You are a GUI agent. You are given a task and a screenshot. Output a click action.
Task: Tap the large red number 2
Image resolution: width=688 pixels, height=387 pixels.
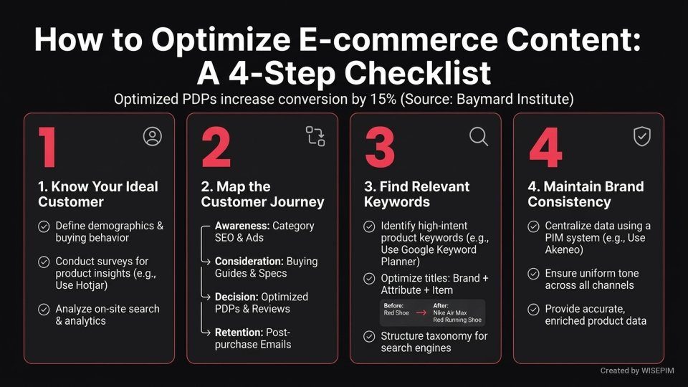click(x=216, y=148)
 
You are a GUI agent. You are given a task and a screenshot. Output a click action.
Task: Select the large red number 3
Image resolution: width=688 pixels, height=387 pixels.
click(x=380, y=148)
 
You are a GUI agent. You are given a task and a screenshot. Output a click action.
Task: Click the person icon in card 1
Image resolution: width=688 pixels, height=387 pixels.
click(x=152, y=137)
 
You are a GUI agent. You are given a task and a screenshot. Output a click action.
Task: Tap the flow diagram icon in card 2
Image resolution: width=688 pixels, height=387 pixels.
click(x=315, y=136)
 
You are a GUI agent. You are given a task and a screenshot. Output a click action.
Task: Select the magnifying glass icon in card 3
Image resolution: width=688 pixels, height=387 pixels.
click(x=479, y=136)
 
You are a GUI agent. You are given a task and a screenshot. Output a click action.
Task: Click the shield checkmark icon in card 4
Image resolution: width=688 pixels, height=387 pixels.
click(x=641, y=136)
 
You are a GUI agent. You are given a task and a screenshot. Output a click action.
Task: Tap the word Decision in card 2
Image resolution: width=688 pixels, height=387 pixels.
click(x=236, y=297)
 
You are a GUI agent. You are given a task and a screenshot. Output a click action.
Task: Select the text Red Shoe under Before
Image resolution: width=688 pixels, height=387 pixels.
click(x=396, y=313)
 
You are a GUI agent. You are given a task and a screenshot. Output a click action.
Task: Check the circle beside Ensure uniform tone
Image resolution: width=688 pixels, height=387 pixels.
click(x=533, y=274)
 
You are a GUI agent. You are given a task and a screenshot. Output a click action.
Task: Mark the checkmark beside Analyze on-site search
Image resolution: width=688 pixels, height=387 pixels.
click(x=44, y=309)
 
